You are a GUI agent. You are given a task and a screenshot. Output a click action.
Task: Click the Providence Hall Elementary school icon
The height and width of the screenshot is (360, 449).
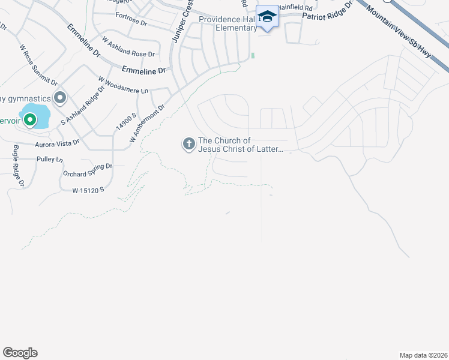tap(267, 17)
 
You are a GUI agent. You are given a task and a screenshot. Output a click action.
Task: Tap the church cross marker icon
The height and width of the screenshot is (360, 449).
tap(188, 143)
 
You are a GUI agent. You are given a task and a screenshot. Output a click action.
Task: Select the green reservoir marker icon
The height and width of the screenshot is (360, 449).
tap(28, 120)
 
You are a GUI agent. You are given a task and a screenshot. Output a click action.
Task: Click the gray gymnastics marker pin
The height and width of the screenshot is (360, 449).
tap(60, 97)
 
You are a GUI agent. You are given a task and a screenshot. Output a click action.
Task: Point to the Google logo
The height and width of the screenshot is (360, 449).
tap(20, 353)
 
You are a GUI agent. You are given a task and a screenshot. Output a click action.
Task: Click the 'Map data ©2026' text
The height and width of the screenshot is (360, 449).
tap(423, 355)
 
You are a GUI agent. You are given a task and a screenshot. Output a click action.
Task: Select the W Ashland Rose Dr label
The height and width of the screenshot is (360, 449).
tap(128, 47)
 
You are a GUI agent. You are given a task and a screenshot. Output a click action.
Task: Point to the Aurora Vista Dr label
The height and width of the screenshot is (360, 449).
tap(57, 143)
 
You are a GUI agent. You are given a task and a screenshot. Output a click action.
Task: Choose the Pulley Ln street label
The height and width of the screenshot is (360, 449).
tap(49, 160)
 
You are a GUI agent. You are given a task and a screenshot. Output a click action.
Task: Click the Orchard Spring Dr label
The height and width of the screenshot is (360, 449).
tap(88, 170)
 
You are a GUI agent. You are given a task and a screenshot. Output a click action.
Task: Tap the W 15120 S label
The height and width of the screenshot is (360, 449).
tap(88, 190)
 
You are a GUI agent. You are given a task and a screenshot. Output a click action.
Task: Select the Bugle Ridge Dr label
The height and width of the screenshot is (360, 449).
tap(18, 166)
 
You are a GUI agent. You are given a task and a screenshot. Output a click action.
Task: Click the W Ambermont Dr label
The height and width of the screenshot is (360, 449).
tap(147, 124)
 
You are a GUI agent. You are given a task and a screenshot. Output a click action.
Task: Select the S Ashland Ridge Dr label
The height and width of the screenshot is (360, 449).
tap(83, 106)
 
